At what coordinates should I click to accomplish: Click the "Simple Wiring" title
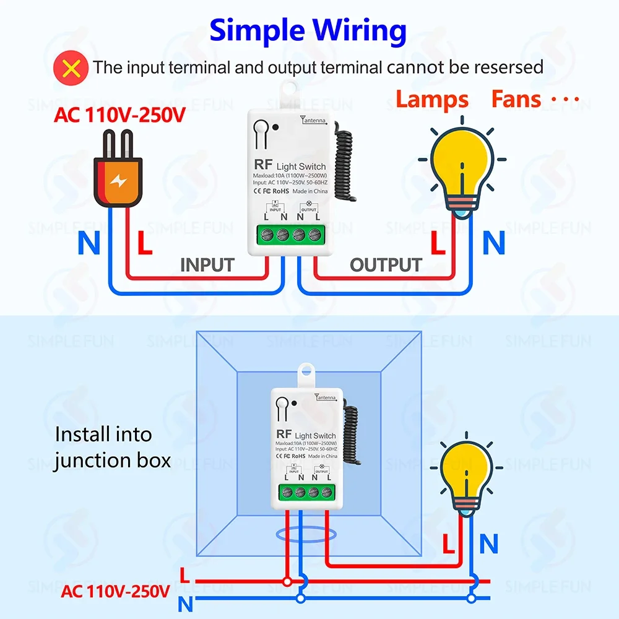(308, 30)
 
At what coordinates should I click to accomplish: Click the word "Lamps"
(432, 100)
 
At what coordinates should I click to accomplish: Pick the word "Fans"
(516, 100)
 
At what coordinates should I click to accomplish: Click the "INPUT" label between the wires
(207, 265)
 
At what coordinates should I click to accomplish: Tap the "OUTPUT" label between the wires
(386, 265)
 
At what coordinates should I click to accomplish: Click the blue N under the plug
(89, 244)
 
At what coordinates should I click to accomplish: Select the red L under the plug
(144, 244)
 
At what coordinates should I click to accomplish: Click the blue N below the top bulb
(494, 244)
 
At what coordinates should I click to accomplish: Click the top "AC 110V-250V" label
(119, 115)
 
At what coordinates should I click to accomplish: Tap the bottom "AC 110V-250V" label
(115, 591)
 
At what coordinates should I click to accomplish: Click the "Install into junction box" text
(111, 447)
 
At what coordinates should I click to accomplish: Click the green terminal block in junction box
(306, 493)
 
